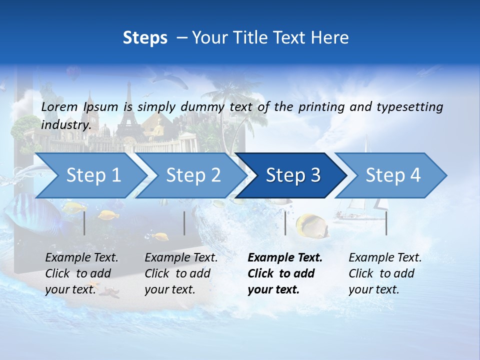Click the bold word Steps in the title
(145, 37)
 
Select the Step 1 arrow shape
(90, 175)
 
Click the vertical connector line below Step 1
(84, 223)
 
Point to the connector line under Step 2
(184, 223)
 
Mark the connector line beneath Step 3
(285, 223)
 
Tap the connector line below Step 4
(386, 223)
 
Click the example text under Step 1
(81, 273)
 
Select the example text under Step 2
(181, 273)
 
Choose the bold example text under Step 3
(285, 273)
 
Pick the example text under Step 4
(385, 273)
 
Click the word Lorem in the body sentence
(59, 106)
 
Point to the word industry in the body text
(65, 125)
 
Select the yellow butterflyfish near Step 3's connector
(311, 225)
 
